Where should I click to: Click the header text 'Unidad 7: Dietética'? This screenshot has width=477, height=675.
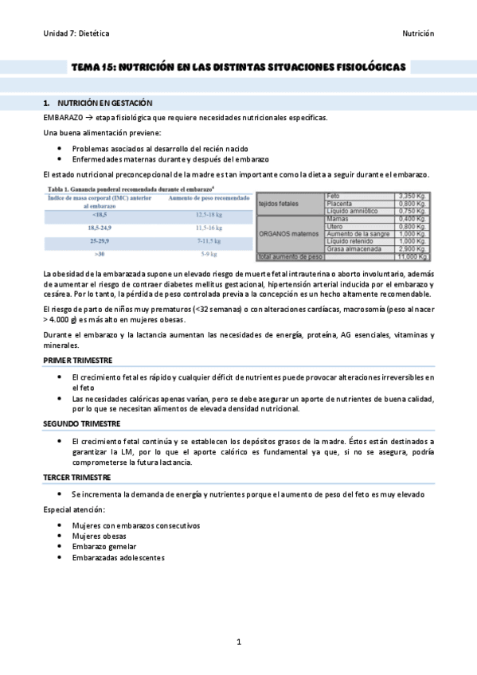(76, 33)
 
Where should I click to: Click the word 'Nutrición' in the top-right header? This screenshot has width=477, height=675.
(416, 33)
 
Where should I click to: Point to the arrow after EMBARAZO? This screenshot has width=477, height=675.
(89, 117)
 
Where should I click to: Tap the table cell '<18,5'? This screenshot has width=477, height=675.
(100, 215)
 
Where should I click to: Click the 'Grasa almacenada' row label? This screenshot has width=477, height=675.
(351, 249)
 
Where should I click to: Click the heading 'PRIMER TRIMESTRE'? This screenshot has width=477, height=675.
(77, 361)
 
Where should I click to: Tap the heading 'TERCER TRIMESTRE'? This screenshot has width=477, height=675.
(76, 478)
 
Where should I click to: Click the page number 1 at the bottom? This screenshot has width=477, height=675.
(239, 641)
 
